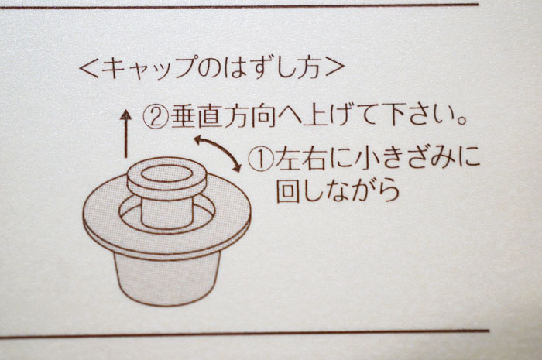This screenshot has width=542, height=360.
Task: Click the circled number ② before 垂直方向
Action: [x=156, y=117]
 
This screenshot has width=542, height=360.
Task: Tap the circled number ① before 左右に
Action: [x=261, y=159]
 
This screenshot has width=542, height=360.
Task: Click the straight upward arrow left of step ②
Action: [x=125, y=134]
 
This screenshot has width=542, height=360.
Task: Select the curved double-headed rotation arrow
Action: [x=218, y=153]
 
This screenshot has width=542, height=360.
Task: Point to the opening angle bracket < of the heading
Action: [x=89, y=67]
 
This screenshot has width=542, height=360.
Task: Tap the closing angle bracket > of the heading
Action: [x=335, y=67]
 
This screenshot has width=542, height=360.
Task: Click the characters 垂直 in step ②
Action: [x=196, y=116]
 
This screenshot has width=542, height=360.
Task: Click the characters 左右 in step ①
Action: [x=300, y=159]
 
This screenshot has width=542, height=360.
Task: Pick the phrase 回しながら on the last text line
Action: [x=338, y=190]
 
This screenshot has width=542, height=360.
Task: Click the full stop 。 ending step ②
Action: [x=459, y=122]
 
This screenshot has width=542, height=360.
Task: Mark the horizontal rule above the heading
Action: [x=239, y=6]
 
